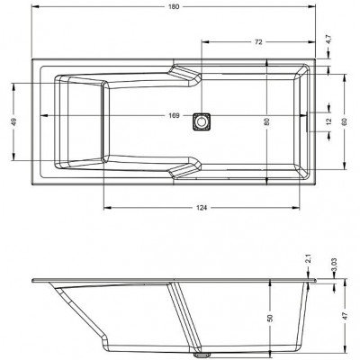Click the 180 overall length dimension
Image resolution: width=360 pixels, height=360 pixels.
[x=174, y=7]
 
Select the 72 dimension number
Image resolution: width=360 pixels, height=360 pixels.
[x=258, y=42]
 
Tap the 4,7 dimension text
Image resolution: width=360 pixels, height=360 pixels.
[x=328, y=40]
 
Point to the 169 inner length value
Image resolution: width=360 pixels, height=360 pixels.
[x=174, y=116]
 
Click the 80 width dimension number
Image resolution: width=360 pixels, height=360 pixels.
[x=267, y=121]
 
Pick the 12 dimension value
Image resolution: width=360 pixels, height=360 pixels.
[x=328, y=121]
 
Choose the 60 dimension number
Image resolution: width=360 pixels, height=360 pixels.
[x=344, y=121]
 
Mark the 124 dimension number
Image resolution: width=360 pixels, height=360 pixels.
[x=202, y=208]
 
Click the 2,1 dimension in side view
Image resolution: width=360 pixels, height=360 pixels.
[x=309, y=259]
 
